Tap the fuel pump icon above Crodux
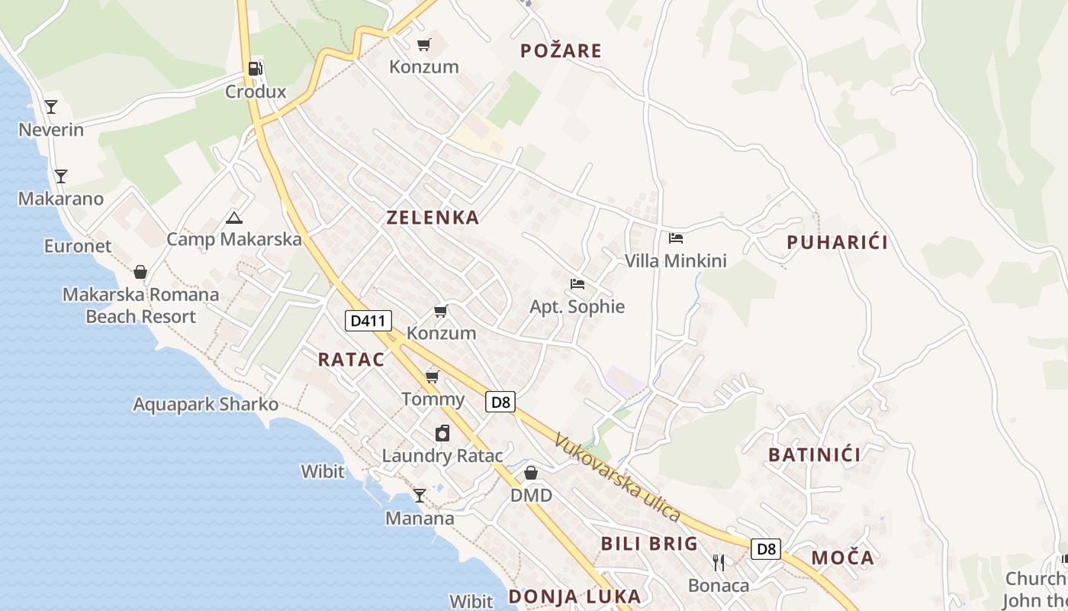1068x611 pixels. pos(255,69)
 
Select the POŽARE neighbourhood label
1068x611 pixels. pos(561,51)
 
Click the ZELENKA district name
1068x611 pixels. pos(433,218)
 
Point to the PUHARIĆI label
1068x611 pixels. pos(837,243)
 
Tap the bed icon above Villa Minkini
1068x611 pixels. pos(675,238)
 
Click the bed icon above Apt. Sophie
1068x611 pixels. pos(577,284)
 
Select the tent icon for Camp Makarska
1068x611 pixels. pos(234,218)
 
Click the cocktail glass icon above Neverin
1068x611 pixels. pos(51,107)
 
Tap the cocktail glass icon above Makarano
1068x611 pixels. pos(61,176)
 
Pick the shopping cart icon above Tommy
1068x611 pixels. pos(433,377)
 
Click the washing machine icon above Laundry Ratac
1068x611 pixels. pos(442,434)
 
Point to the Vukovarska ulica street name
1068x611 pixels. pos(617,477)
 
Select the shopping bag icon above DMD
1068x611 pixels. pos(531,474)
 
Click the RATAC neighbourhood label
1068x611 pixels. pos(351,360)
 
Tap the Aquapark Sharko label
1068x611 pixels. pos(206,404)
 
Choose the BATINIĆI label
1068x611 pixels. pos(814,455)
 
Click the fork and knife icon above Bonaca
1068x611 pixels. pos(718,563)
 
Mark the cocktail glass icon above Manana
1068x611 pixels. pos(420,496)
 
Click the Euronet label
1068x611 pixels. pos(78,246)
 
